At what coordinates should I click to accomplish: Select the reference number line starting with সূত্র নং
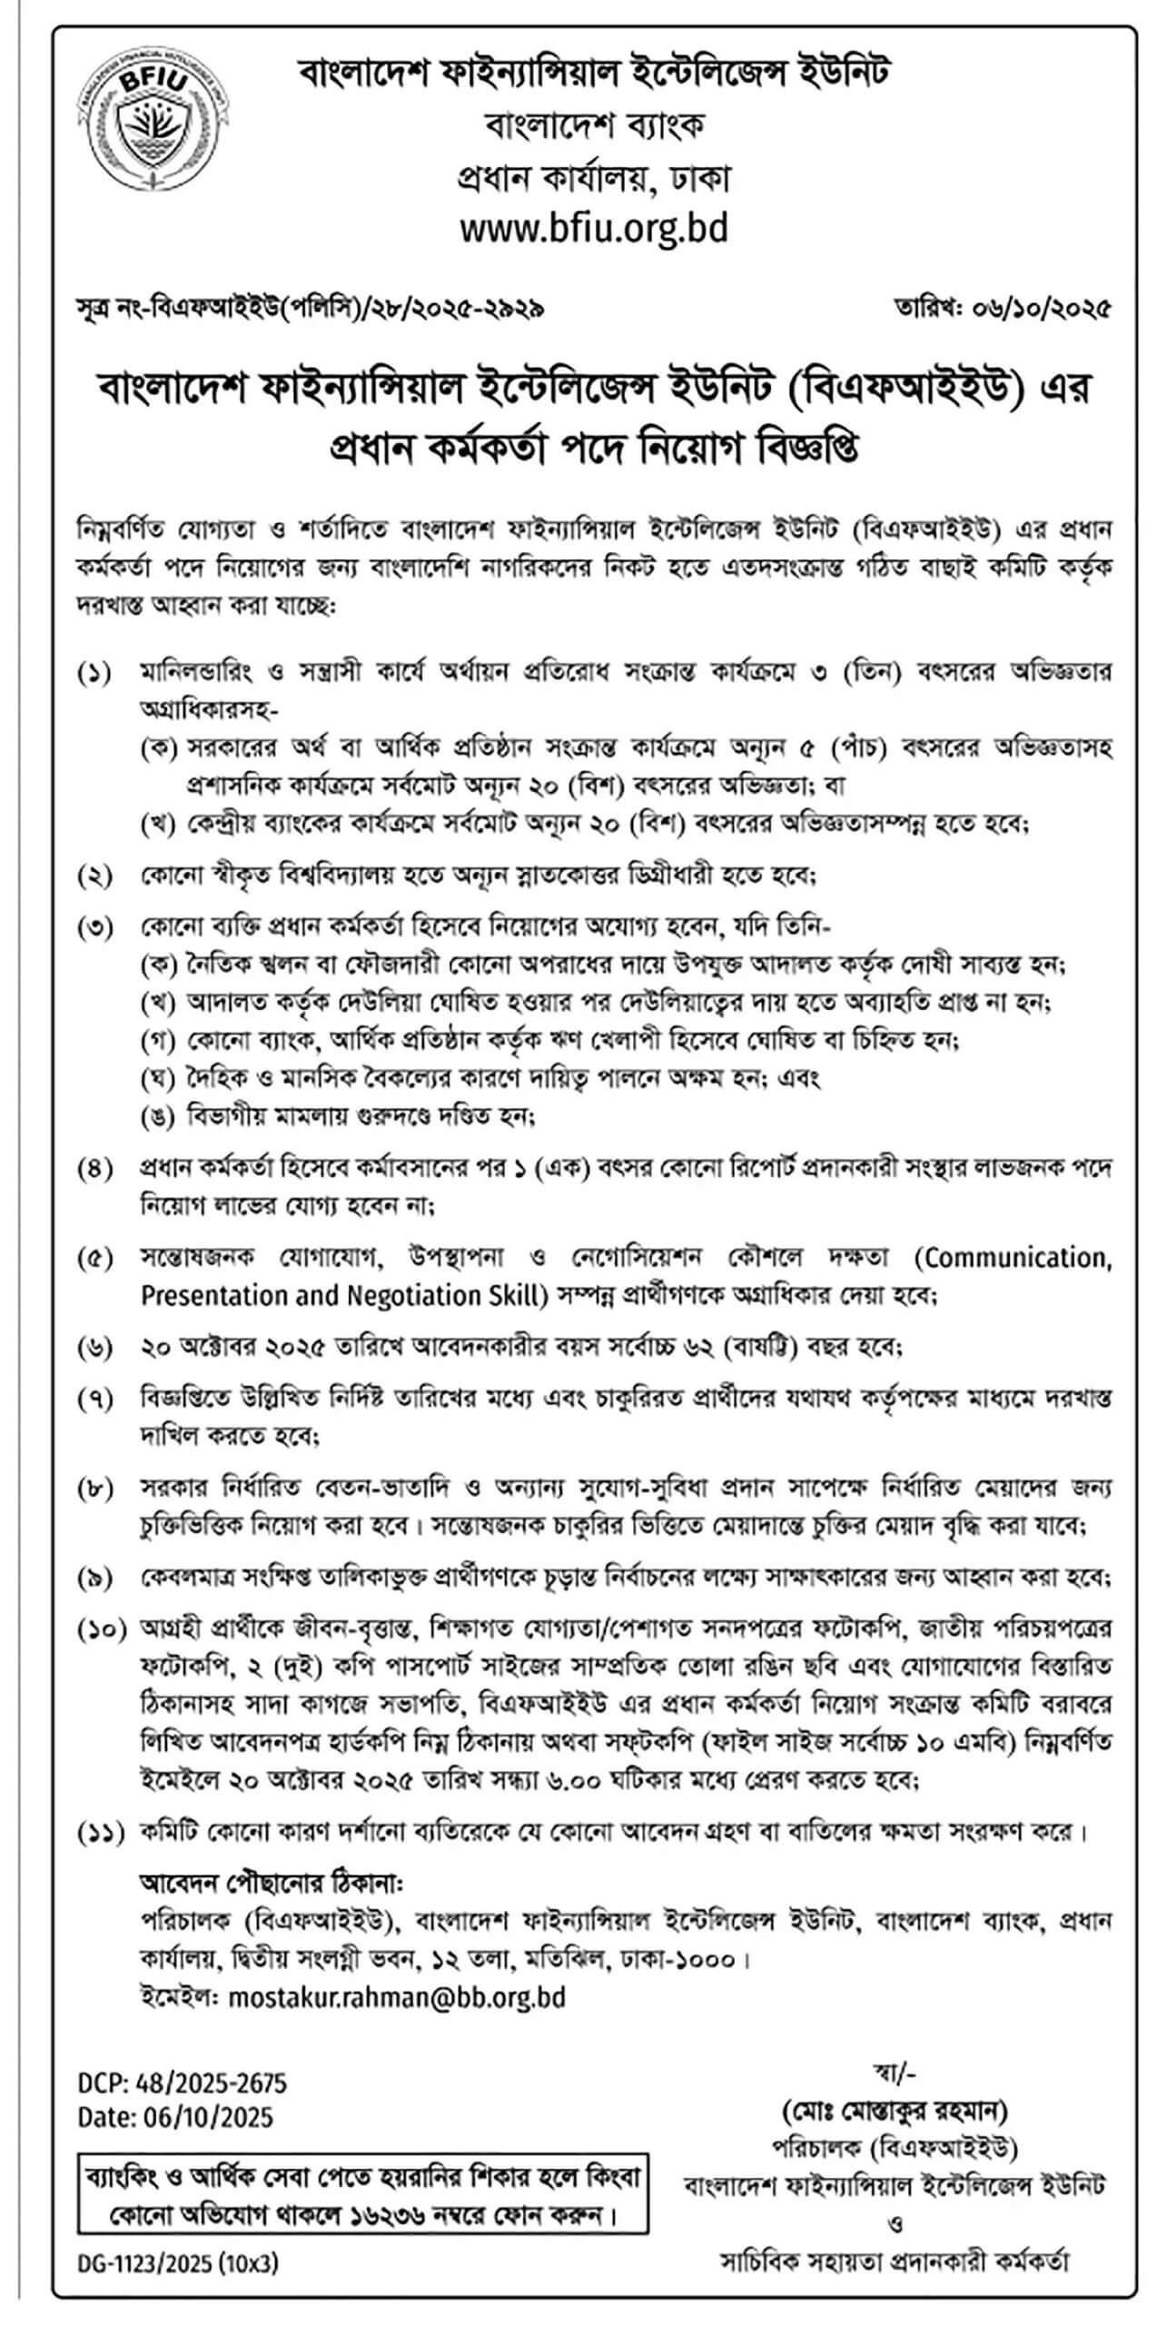(311, 310)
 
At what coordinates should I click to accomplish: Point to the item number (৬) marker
(95, 1348)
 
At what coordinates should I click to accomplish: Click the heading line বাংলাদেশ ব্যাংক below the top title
(595, 124)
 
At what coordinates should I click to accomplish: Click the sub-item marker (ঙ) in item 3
(158, 1116)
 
